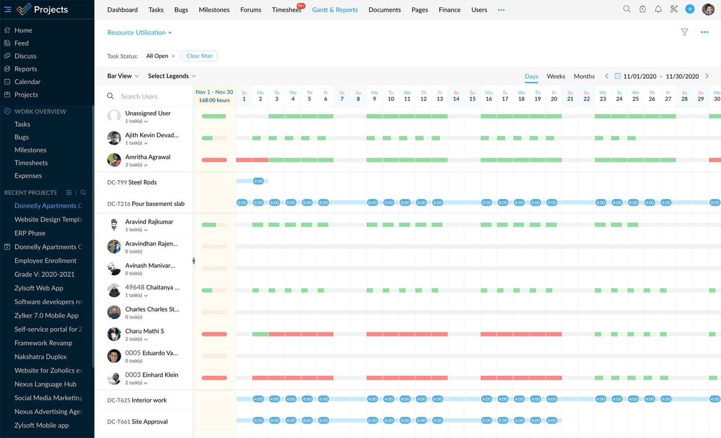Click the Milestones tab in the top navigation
[214, 9]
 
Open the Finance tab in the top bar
[449, 9]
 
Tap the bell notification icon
[658, 9]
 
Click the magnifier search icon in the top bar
[627, 9]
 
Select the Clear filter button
[200, 56]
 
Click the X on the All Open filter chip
[173, 56]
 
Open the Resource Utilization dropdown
[139, 32]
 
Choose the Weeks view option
[556, 76]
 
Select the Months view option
[584, 76]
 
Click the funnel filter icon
[684, 32]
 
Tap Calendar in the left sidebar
[27, 82]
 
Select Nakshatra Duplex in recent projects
[41, 356]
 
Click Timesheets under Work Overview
[31, 163]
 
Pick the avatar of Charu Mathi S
[114, 334]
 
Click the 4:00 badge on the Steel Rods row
[258, 181]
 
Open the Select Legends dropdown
[172, 76]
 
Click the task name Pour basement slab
[158, 204]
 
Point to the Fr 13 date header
[440, 96]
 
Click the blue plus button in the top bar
[690, 9]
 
